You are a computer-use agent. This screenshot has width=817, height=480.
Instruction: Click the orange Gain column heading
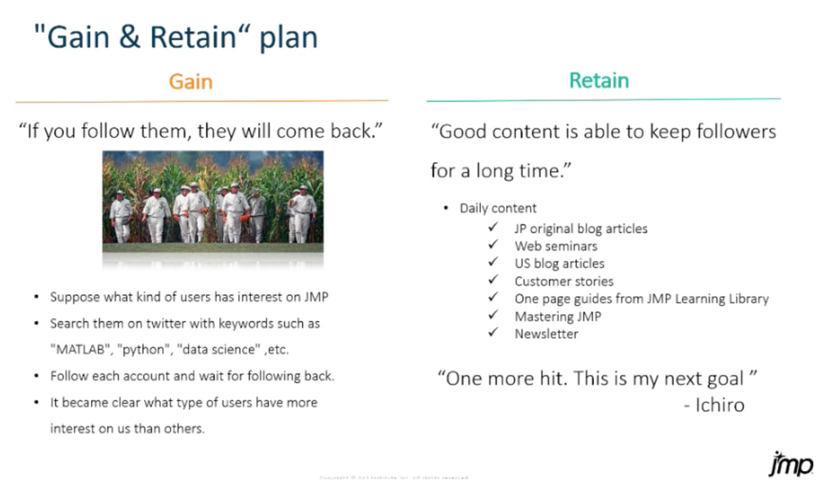coord(191,81)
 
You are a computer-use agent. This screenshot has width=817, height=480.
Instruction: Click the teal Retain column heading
coord(599,80)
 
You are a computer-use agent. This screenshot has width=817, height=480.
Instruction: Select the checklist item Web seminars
coord(555,246)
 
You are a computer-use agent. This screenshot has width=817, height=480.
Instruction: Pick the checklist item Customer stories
coord(563,281)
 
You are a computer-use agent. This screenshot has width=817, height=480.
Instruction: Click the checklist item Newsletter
coord(545,334)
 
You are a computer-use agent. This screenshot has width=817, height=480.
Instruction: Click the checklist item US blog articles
coord(559,263)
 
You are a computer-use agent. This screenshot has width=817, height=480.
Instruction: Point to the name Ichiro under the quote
coord(720,405)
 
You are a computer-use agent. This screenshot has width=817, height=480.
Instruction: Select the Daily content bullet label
coord(497,209)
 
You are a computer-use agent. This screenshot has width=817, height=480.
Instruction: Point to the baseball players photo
coord(213,200)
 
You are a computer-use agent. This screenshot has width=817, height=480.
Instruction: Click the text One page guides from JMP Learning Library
coord(641,298)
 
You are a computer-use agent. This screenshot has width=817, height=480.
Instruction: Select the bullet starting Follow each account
coord(191,376)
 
